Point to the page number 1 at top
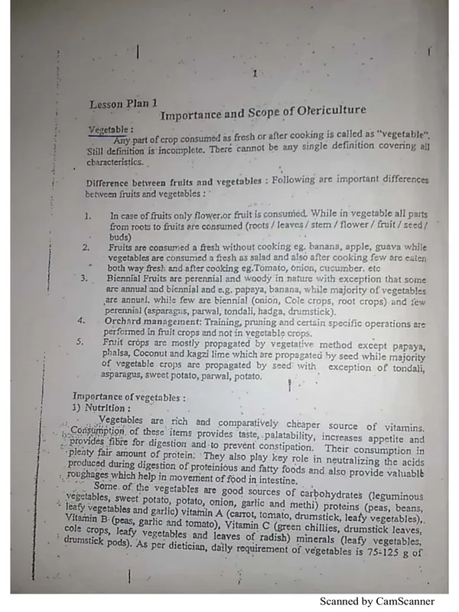coord(254,74)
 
